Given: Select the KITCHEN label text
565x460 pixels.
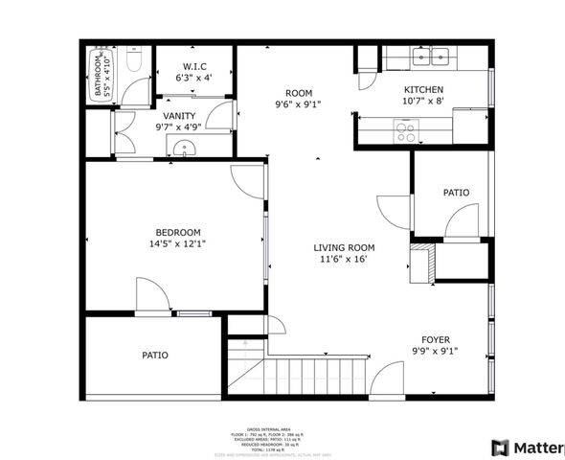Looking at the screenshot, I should pyautogui.click(x=424, y=89).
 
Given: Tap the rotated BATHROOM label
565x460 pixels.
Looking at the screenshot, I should pyautogui.click(x=98, y=78).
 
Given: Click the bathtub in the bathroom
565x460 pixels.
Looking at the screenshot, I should pyautogui.click(x=97, y=76).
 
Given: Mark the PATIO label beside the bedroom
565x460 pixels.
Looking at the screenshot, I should pyautogui.click(x=155, y=355).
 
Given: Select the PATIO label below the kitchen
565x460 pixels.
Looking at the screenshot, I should pyautogui.click(x=456, y=193).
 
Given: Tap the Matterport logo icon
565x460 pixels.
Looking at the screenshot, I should pyautogui.click(x=499, y=448).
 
